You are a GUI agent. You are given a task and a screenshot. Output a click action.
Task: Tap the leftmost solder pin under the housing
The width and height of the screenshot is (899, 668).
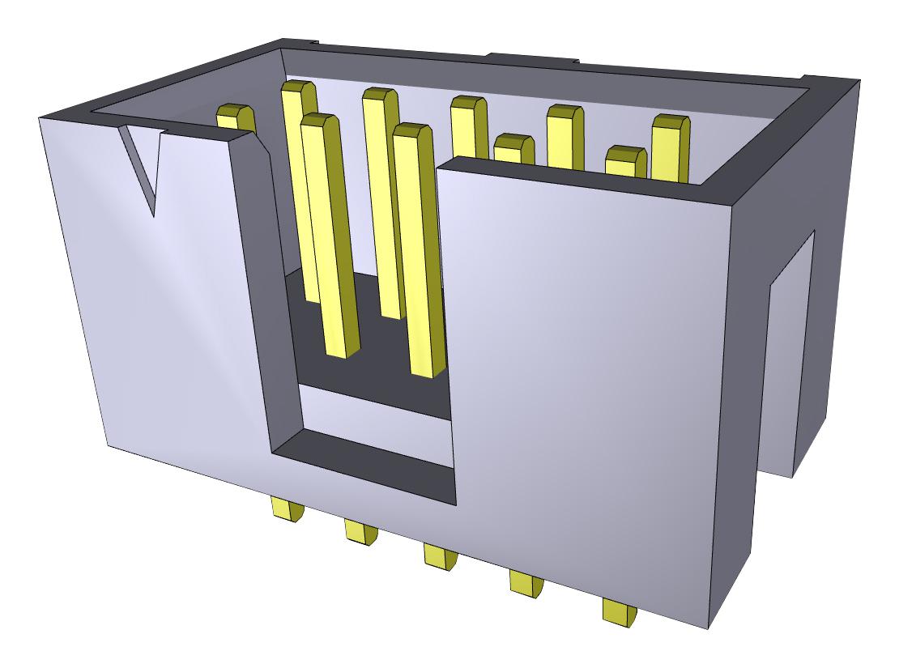click(288, 509)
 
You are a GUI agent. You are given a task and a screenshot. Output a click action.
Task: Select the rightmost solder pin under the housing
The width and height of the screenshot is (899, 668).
click(620, 611)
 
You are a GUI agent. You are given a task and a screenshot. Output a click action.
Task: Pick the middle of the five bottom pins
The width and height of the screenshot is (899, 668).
click(440, 556)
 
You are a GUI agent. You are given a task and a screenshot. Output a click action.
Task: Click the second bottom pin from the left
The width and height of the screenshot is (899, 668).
click(360, 531)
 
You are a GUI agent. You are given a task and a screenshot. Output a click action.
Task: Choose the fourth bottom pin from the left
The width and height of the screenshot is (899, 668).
click(526, 583)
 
